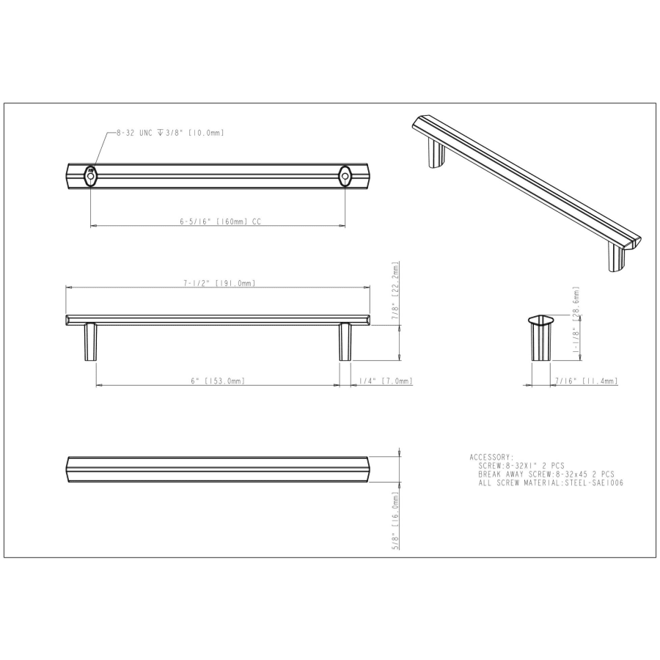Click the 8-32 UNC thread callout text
tap(170, 133)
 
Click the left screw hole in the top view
tap(90, 176)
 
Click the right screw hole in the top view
tap(345, 176)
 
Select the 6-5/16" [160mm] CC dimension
tap(221, 221)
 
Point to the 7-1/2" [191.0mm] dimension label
tap(219, 283)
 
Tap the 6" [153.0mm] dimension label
tap(218, 381)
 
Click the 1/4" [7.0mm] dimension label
tap(386, 381)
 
